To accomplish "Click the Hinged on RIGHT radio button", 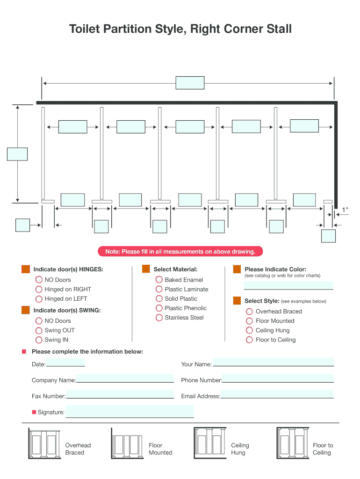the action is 39,289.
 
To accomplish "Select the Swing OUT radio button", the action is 39,331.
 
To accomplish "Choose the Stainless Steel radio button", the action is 159,318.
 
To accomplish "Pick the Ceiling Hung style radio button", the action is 250,330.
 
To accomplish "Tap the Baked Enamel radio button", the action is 159,280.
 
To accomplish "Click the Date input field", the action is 65,363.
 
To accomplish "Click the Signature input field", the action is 130,412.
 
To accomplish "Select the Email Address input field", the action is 277,394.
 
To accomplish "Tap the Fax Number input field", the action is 120,394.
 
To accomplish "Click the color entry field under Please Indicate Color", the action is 288,286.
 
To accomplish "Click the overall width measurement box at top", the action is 190,83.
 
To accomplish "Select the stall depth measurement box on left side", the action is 17,154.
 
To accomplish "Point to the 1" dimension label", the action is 345,210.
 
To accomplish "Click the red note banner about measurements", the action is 180,251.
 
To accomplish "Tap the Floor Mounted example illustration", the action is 127,443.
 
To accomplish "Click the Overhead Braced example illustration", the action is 44,443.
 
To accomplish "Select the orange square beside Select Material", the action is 146,269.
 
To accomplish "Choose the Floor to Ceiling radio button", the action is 250,340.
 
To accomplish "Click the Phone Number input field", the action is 278,378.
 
